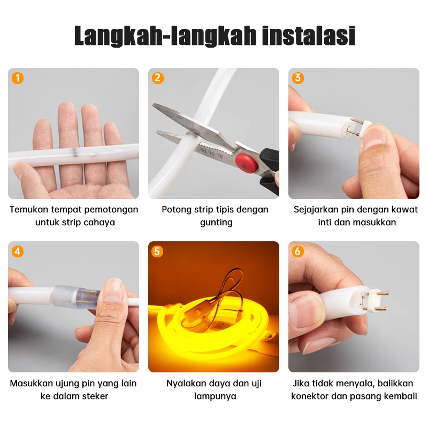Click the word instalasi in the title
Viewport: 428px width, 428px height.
(309, 35)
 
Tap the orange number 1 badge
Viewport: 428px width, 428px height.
(18, 78)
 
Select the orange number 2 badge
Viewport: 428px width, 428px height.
(157, 78)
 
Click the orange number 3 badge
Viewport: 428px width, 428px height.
(298, 78)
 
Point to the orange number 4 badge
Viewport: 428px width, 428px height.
(18, 251)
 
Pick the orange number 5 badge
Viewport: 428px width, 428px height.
(157, 251)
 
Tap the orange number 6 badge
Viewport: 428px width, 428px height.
(298, 251)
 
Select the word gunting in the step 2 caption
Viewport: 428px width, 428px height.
(216, 223)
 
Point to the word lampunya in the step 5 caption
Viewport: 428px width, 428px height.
(215, 396)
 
